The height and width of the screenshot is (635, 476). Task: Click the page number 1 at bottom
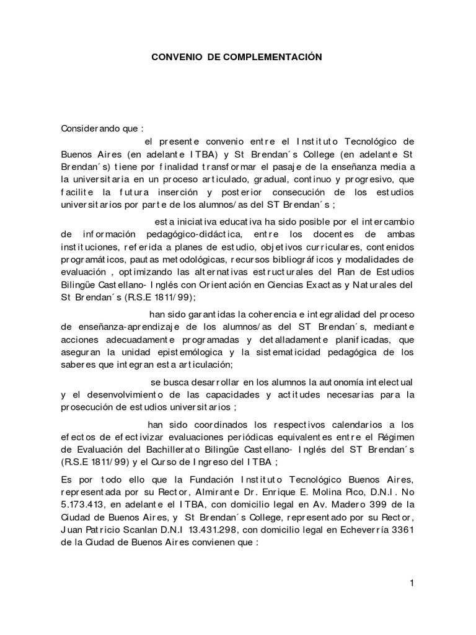[411, 583]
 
